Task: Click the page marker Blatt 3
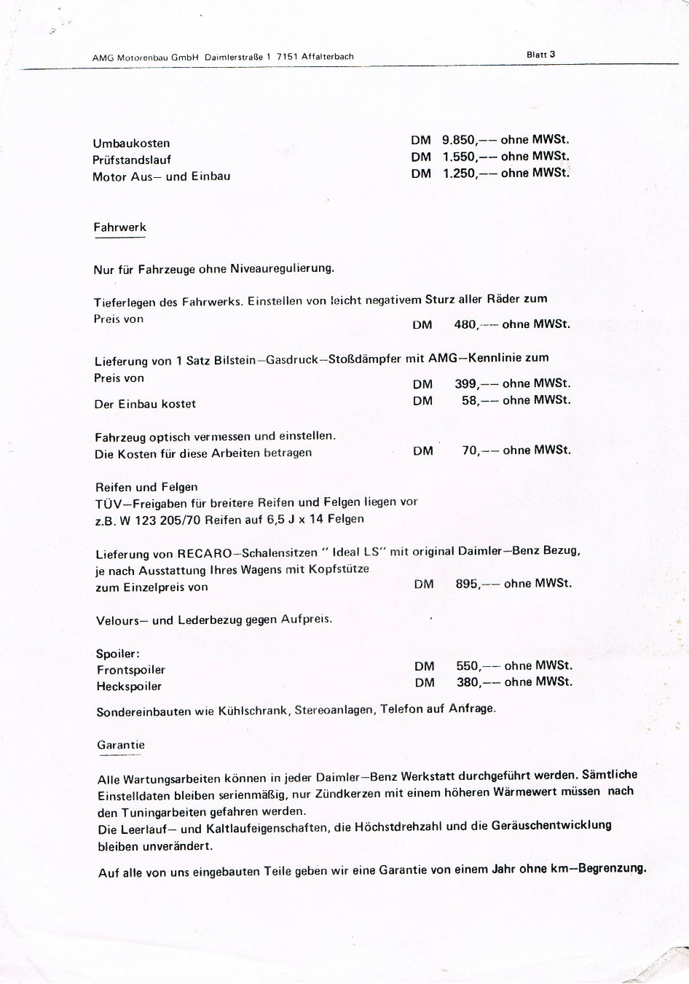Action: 540,55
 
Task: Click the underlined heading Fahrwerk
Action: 120,227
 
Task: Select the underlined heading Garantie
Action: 121,745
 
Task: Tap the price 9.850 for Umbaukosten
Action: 459,140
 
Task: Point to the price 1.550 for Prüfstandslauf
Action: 459,157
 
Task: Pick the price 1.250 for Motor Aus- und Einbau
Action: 459,173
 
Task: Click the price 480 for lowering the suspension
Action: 465,324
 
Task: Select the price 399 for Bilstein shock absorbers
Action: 466,383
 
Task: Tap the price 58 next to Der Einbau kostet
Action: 471,400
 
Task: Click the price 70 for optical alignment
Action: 471,450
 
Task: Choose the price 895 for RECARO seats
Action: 468,584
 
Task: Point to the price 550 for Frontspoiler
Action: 468,665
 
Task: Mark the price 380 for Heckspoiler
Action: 468,682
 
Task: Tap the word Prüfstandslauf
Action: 132,160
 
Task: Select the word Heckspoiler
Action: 130,687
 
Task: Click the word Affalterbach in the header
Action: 328,57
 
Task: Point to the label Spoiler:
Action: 118,654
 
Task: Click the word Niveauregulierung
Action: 282,268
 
